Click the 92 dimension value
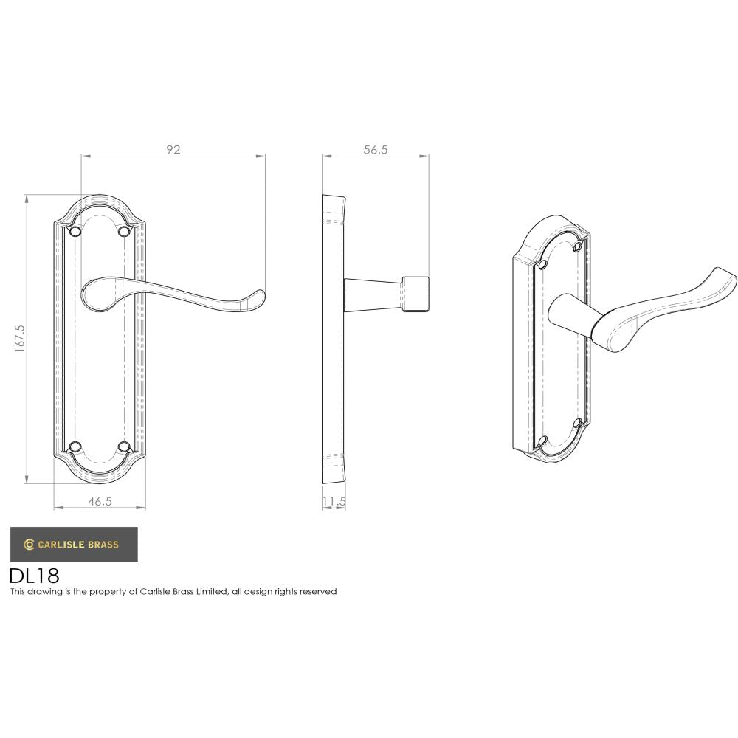(x=173, y=149)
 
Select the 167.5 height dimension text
(x=20, y=339)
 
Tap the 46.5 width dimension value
(x=100, y=501)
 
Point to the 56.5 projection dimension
(x=375, y=149)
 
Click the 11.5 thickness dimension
(x=334, y=501)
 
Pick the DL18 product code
(x=34, y=575)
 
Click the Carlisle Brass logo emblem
(x=29, y=545)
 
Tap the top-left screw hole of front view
(x=74, y=232)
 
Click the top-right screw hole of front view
(x=124, y=232)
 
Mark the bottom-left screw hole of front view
(x=74, y=446)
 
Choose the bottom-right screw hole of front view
(x=124, y=446)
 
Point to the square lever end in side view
(x=415, y=294)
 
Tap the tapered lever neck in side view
(x=373, y=294)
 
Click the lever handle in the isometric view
(x=664, y=303)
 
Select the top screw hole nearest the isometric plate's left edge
(x=544, y=264)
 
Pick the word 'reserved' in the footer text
(x=319, y=591)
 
